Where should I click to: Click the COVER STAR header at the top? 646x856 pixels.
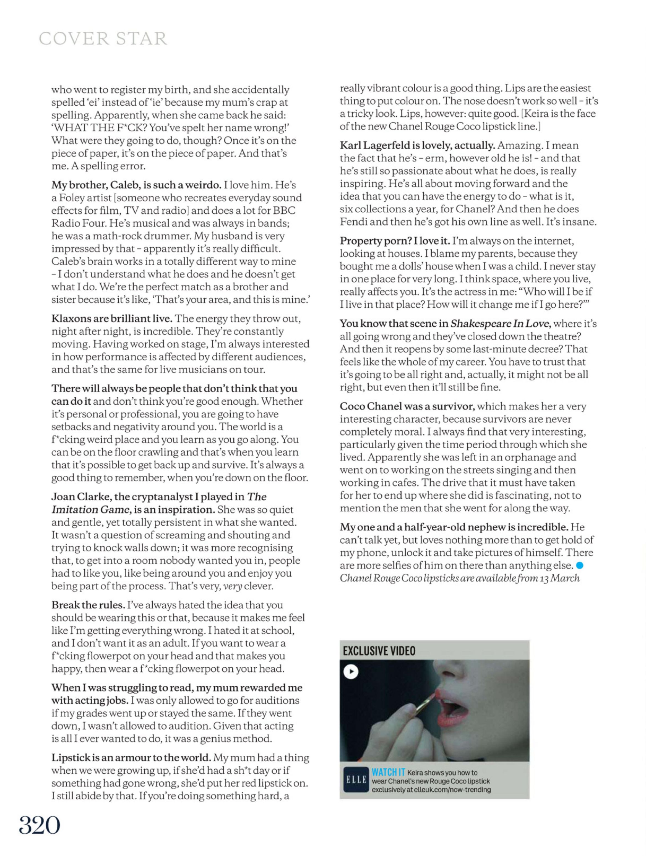tap(103, 39)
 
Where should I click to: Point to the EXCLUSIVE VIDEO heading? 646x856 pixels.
tap(379, 651)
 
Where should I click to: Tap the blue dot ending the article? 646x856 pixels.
tap(580, 566)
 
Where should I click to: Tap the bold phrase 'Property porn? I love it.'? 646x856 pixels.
tap(395, 241)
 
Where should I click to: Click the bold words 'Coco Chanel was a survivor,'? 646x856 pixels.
tap(407, 406)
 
